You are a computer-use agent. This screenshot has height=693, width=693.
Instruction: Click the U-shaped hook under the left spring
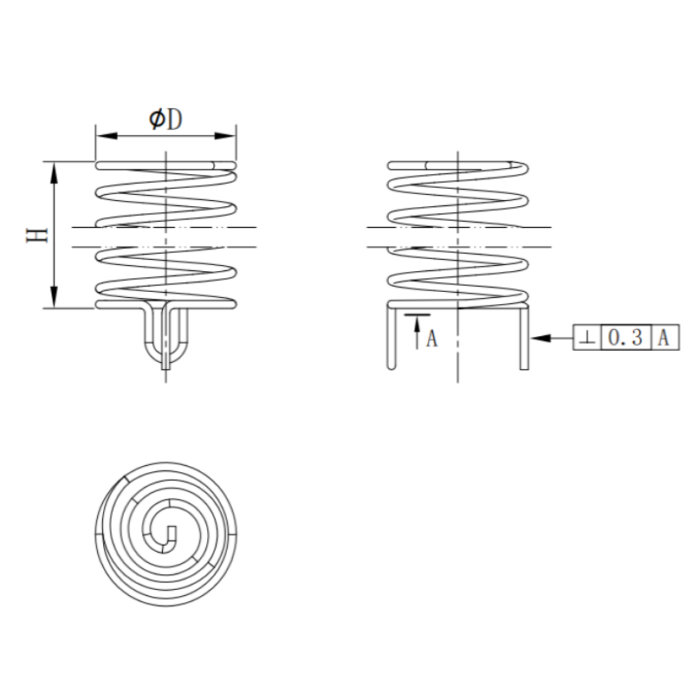pos(165,342)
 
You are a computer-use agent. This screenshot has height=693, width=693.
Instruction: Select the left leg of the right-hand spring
pos(392,338)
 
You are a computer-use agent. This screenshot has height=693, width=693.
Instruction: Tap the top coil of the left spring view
pos(165,165)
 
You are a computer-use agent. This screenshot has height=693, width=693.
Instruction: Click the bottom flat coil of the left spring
pos(165,305)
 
